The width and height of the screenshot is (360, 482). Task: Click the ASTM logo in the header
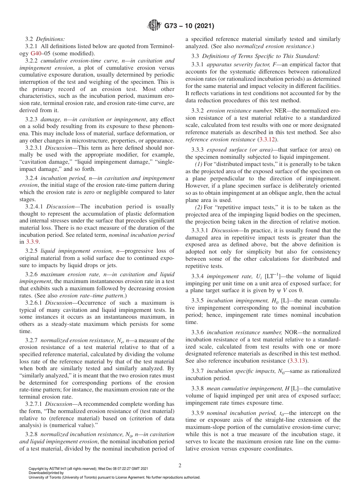click(154, 26)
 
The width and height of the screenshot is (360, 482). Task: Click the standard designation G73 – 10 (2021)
click(189, 26)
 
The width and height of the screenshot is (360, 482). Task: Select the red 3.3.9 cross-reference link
click(33, 242)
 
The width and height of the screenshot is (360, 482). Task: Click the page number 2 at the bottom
click(180, 466)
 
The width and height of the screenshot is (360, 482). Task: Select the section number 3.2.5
click(32, 251)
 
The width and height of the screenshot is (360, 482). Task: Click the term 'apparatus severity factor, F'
click(239, 64)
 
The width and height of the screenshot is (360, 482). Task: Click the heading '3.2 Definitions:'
click(45, 39)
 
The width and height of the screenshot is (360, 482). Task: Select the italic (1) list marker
click(198, 164)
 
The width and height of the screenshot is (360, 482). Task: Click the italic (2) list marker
click(198, 207)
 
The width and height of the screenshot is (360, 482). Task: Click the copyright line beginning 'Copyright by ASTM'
click(88, 468)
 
